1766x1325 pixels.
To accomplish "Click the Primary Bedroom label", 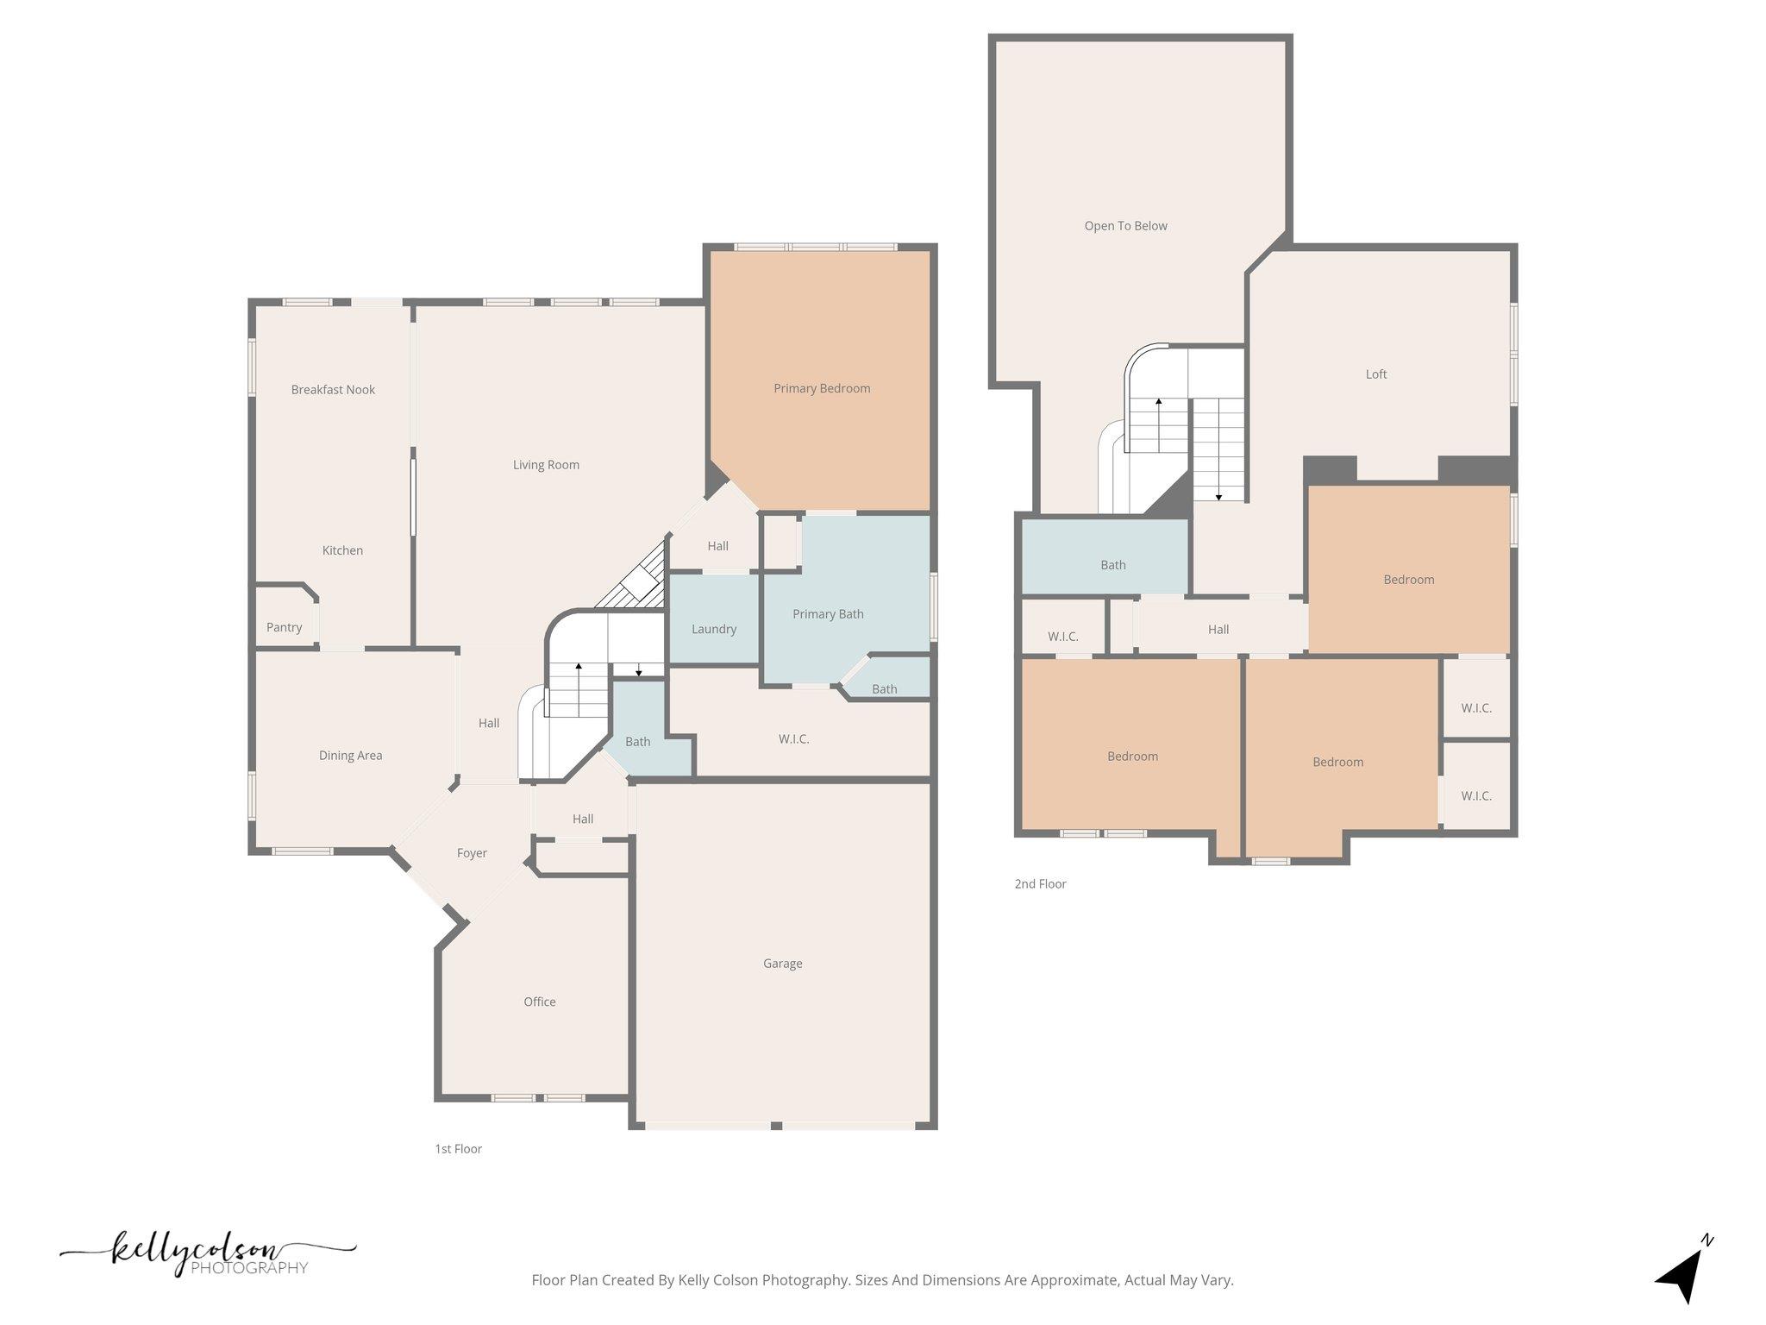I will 821,388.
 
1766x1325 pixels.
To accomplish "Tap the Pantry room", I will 284,627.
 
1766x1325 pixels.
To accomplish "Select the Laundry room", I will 713,629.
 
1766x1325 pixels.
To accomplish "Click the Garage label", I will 782,964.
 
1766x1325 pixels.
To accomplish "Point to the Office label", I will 539,1002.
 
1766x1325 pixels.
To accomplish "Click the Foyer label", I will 472,853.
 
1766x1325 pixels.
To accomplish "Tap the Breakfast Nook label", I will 333,390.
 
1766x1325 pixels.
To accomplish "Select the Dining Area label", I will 350,756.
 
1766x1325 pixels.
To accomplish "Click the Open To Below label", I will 1125,226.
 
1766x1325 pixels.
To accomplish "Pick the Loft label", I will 1375,374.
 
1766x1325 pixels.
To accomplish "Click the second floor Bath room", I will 1112,565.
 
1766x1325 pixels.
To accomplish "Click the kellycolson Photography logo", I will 207,1255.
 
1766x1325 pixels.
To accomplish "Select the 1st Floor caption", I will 458,1149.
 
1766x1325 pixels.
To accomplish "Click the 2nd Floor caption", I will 1040,884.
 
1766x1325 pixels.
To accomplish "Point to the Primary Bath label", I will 827,614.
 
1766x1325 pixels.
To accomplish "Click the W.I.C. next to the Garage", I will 793,739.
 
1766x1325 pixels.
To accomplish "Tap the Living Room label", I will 546,465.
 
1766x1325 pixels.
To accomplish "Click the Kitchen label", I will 342,550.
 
